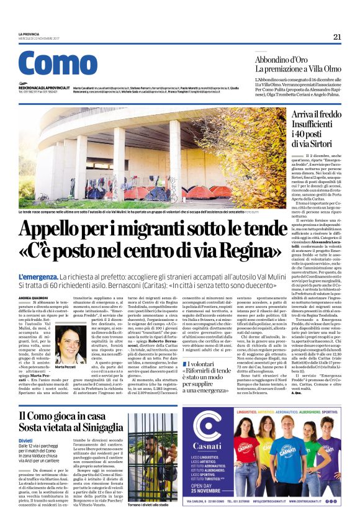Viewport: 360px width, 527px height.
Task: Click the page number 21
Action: coord(337,37)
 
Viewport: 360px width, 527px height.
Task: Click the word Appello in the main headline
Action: coord(65,231)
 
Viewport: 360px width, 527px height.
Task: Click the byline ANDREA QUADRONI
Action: coord(34,299)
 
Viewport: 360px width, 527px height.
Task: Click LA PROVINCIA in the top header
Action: coord(29,34)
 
